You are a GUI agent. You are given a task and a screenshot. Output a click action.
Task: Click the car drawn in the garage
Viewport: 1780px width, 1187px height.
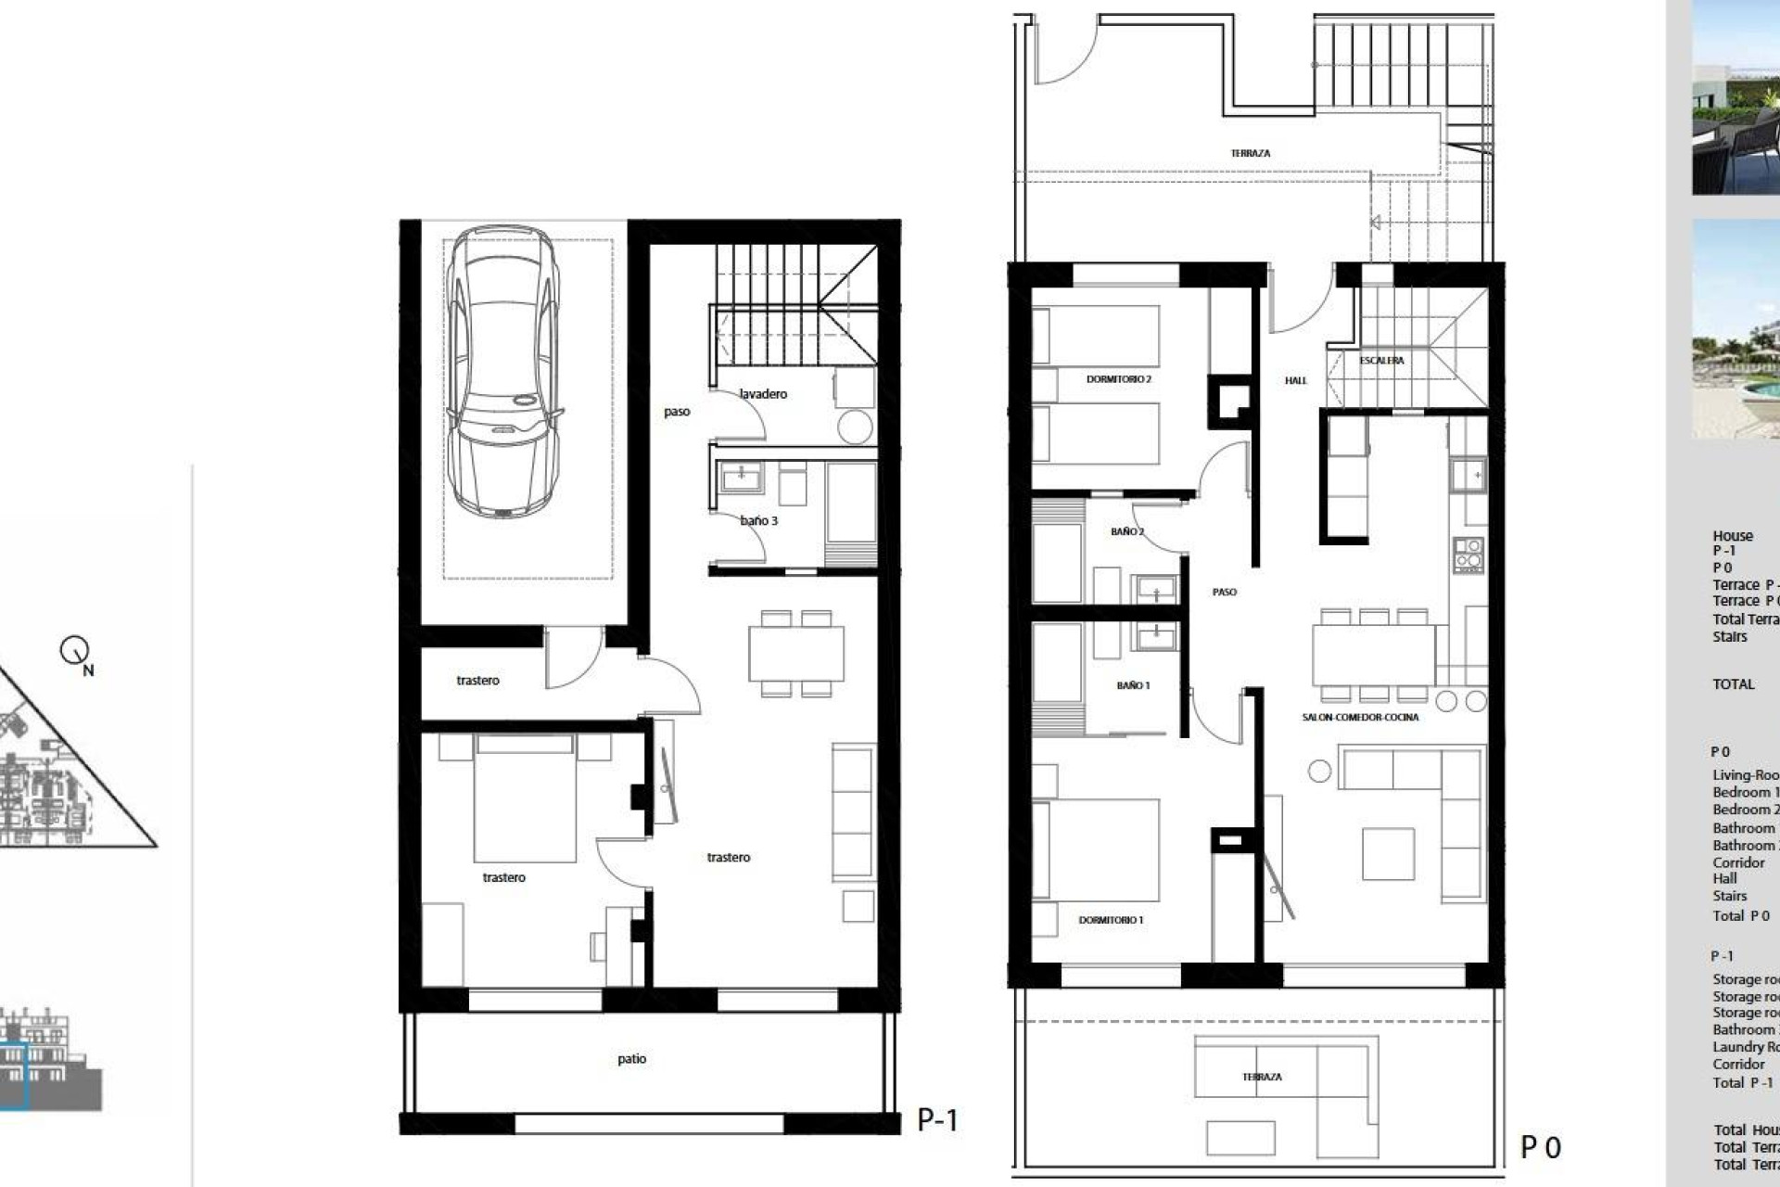click(503, 371)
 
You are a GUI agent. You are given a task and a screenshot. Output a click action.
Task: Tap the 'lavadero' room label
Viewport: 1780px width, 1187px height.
click(763, 394)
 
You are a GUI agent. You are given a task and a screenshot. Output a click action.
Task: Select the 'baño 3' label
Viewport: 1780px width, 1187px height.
click(758, 521)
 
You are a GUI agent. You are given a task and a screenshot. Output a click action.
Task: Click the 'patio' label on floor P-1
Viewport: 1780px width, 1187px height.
click(631, 1059)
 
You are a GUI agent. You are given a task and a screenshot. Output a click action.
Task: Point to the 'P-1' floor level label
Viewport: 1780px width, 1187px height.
click(937, 1120)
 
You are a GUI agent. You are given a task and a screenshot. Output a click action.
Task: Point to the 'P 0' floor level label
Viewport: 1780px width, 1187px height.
click(1541, 1148)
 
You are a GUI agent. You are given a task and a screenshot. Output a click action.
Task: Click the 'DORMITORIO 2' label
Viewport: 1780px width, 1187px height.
click(1118, 379)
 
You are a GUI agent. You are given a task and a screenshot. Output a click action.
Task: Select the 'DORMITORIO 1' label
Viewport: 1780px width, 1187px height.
click(1111, 920)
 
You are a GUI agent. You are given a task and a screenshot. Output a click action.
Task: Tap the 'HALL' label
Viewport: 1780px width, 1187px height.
click(1295, 380)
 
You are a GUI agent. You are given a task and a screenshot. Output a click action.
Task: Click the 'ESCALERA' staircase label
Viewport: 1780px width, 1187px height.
click(1381, 361)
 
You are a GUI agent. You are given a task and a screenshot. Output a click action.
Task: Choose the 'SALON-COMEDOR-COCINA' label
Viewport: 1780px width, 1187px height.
click(1360, 717)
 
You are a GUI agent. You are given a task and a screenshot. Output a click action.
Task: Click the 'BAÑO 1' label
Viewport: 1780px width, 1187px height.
click(1133, 685)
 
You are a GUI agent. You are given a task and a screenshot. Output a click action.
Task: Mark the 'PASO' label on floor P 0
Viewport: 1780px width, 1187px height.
click(1224, 592)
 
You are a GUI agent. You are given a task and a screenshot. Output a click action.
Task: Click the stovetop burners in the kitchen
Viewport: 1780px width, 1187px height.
click(1468, 554)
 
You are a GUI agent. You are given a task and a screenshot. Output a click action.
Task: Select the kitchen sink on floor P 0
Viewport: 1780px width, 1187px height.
click(1468, 476)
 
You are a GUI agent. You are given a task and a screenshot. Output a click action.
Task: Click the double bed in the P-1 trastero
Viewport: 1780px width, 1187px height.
click(524, 798)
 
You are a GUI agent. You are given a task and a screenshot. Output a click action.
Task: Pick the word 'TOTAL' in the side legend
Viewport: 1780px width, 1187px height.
click(1733, 684)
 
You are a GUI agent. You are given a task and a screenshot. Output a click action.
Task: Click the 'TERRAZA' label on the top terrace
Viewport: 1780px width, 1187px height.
click(1250, 153)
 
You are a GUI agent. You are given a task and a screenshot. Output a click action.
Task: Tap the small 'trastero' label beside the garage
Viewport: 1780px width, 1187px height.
click(477, 681)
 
